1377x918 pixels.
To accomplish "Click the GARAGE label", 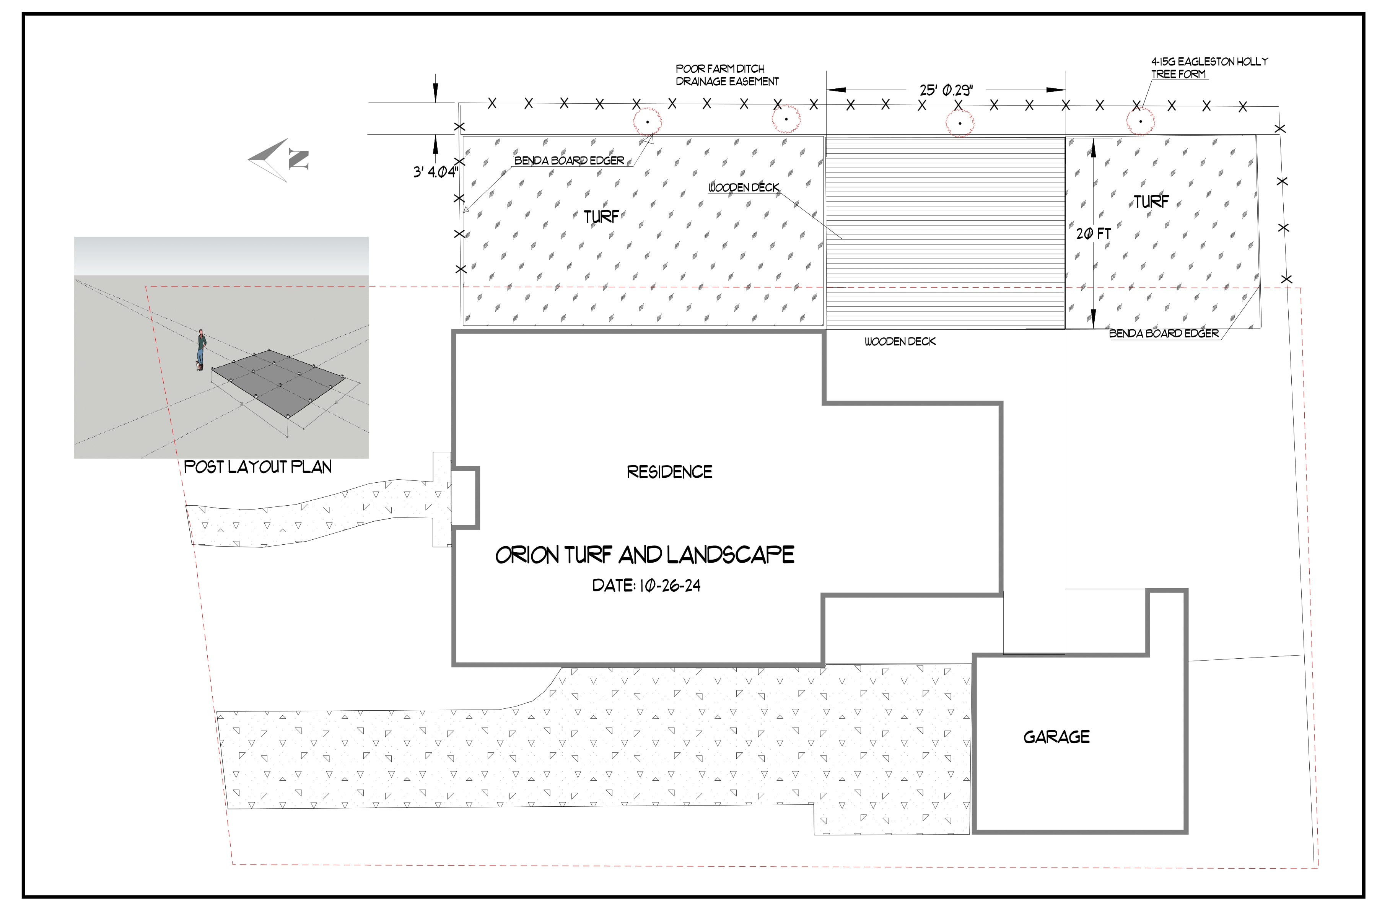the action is coord(1057,737).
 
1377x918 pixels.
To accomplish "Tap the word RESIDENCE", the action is coord(669,472).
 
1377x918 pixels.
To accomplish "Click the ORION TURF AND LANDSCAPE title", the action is coord(645,555).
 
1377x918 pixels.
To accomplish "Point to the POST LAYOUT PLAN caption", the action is coord(257,467).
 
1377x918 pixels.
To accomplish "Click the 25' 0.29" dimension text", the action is coord(946,90).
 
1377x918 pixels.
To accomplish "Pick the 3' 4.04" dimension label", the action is coord(436,172).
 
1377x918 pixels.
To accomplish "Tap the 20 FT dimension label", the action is coord(1093,234).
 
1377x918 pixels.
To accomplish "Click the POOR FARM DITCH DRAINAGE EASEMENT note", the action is coord(727,75).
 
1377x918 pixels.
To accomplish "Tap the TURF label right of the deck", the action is coord(1151,202).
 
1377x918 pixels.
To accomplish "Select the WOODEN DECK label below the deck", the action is coord(900,341).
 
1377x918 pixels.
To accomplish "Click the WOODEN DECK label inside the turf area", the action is coord(744,187).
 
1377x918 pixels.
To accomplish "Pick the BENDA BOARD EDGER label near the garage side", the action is coord(1164,334).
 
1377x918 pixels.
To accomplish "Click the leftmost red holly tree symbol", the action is coord(648,122).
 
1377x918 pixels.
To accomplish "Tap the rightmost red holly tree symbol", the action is coord(1141,122).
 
